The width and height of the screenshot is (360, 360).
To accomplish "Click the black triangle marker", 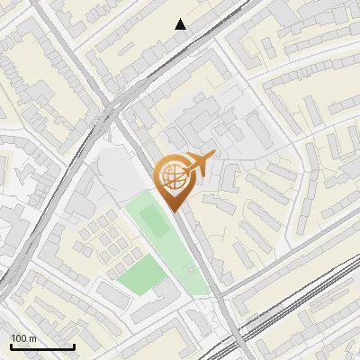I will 181,24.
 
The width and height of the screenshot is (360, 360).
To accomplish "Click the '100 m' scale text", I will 23,338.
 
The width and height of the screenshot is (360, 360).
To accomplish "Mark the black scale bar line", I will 41,346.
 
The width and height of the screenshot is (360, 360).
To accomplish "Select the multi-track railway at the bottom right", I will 306,310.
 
